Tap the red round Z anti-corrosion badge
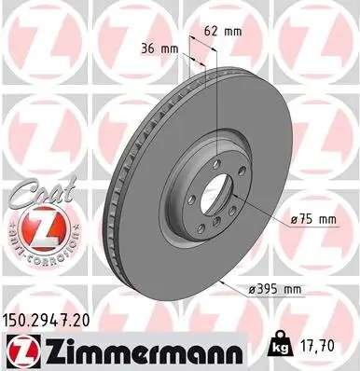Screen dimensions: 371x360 click(36, 228)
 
